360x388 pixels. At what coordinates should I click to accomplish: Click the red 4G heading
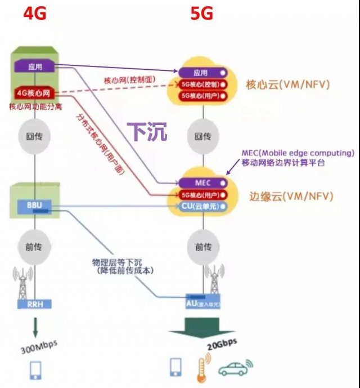pyautogui.click(x=34, y=13)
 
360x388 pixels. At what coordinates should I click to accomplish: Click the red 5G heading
pyautogui.click(x=202, y=13)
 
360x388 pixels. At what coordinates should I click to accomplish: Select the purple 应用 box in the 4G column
pyautogui.click(x=35, y=66)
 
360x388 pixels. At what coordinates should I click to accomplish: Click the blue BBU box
pyautogui.click(x=35, y=206)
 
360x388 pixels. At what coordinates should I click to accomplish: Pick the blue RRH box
pyautogui.click(x=35, y=304)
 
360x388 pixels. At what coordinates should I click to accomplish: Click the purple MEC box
pyautogui.click(x=202, y=182)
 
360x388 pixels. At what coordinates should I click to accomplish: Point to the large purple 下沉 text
pyautogui.click(x=146, y=132)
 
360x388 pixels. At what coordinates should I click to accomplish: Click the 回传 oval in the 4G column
pyautogui.click(x=35, y=136)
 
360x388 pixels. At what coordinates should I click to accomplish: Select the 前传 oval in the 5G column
pyautogui.click(x=202, y=247)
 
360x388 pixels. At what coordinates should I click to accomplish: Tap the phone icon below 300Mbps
pyautogui.click(x=35, y=369)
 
